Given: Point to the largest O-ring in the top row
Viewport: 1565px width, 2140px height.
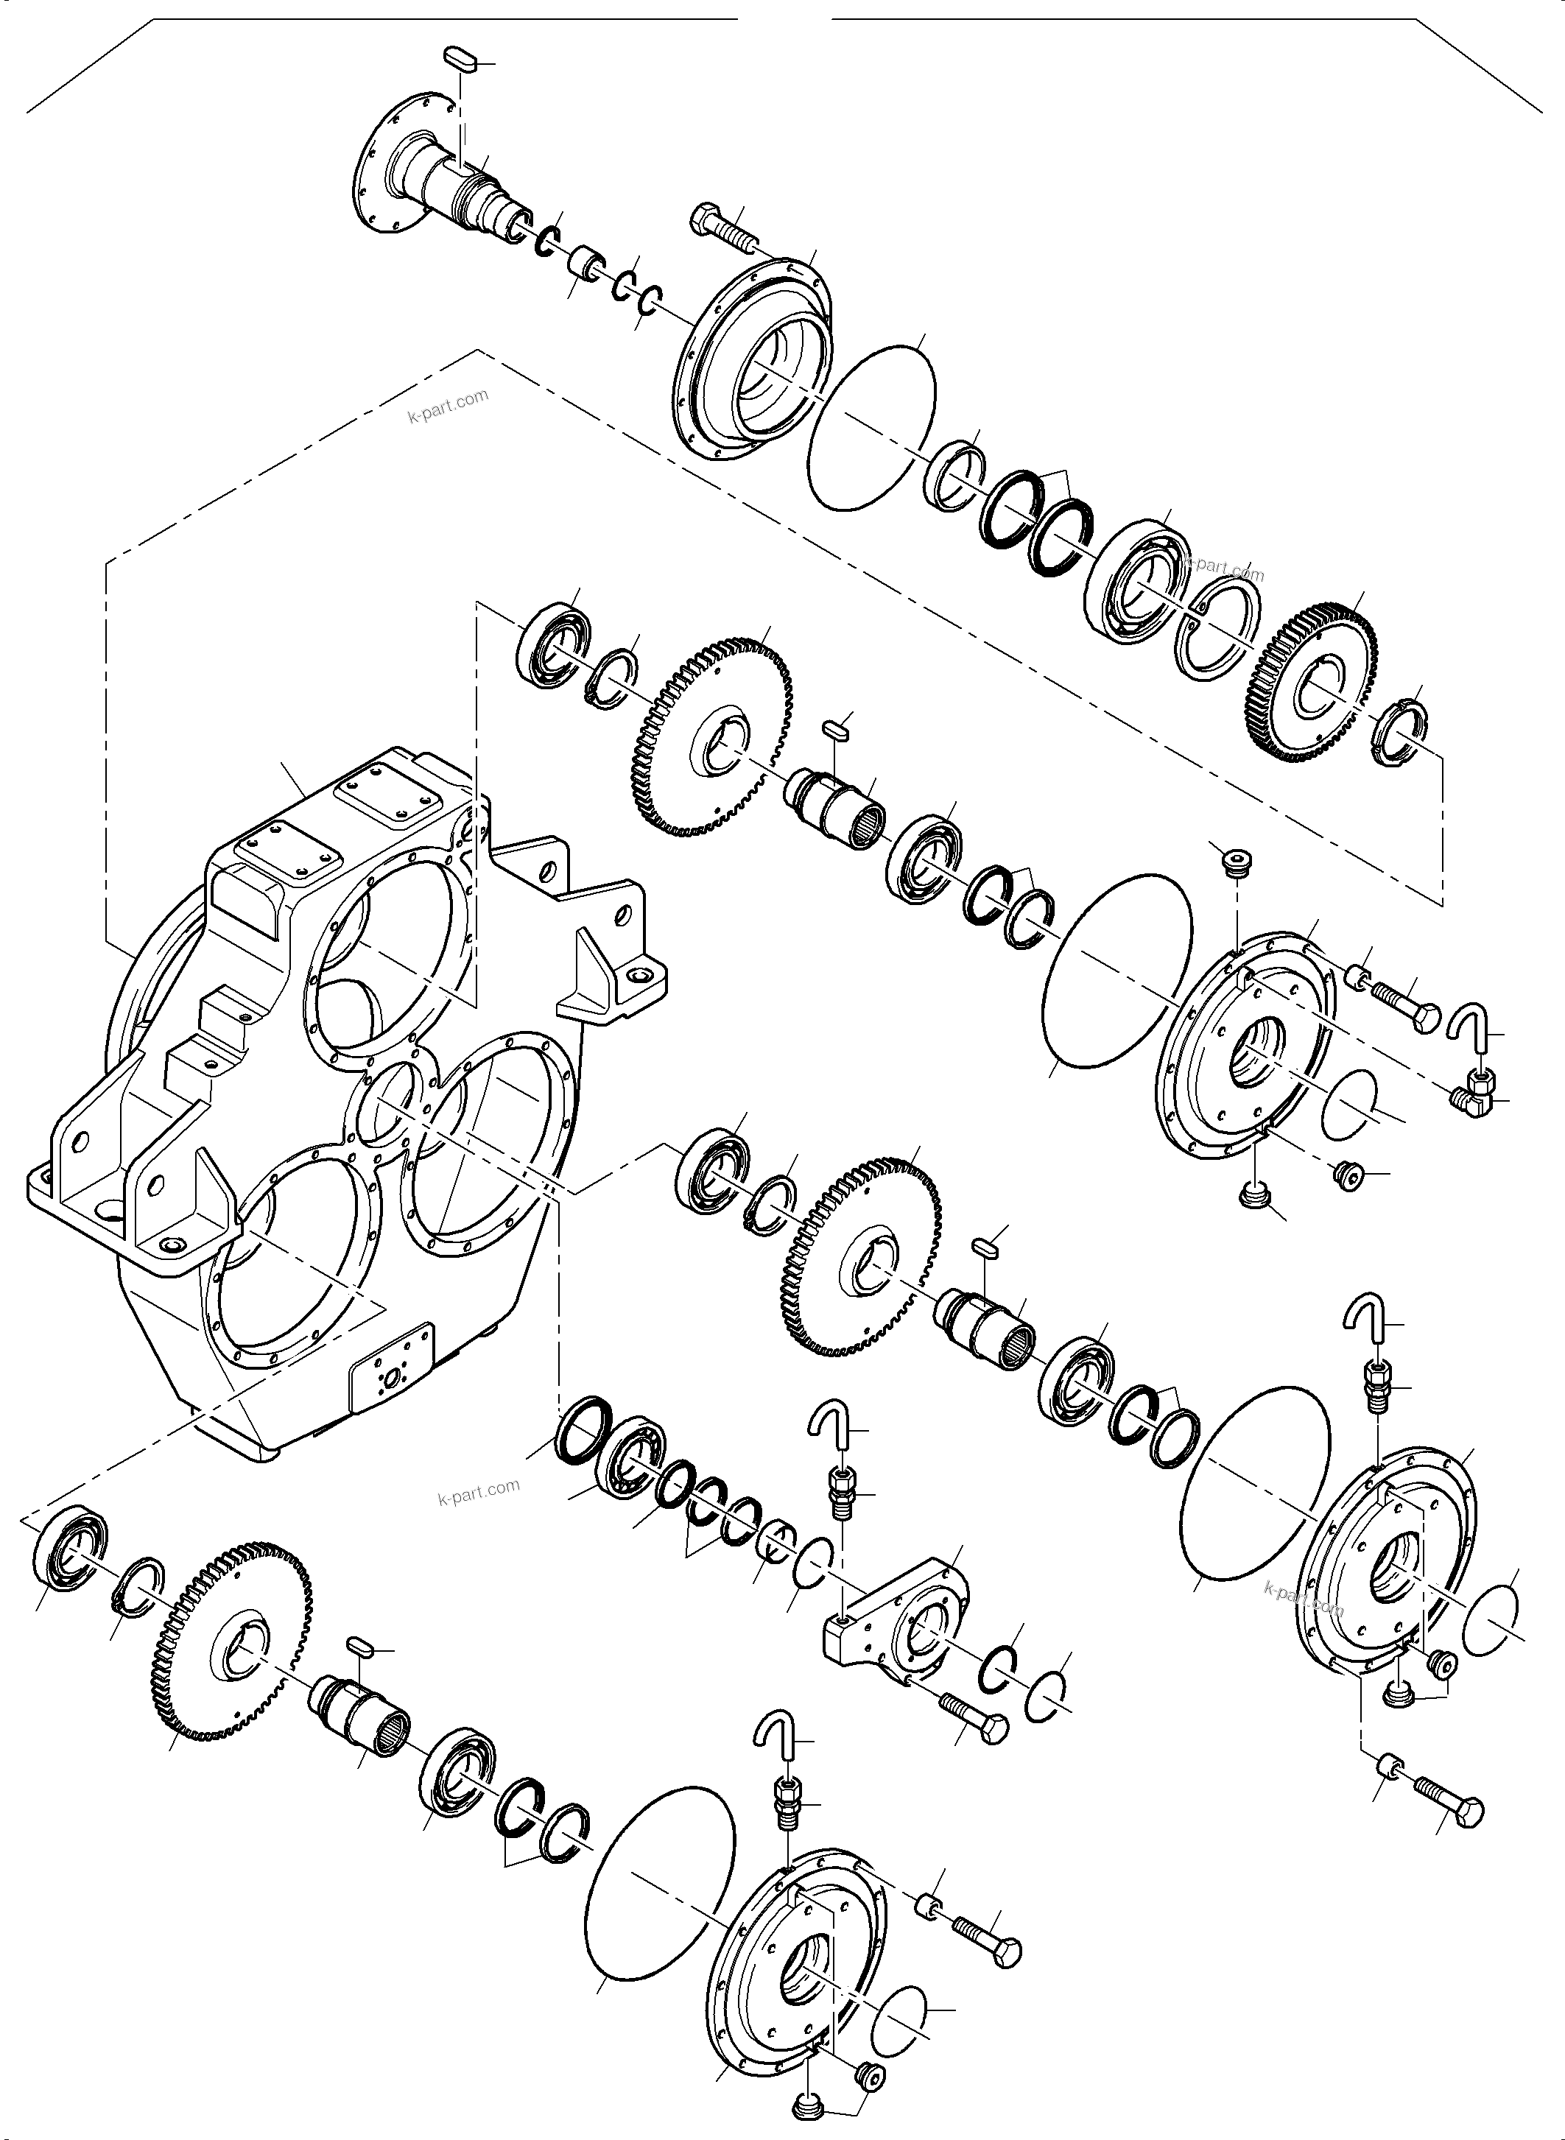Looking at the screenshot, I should pos(871,427).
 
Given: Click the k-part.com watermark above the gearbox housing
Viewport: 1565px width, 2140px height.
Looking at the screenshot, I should pos(448,406).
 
